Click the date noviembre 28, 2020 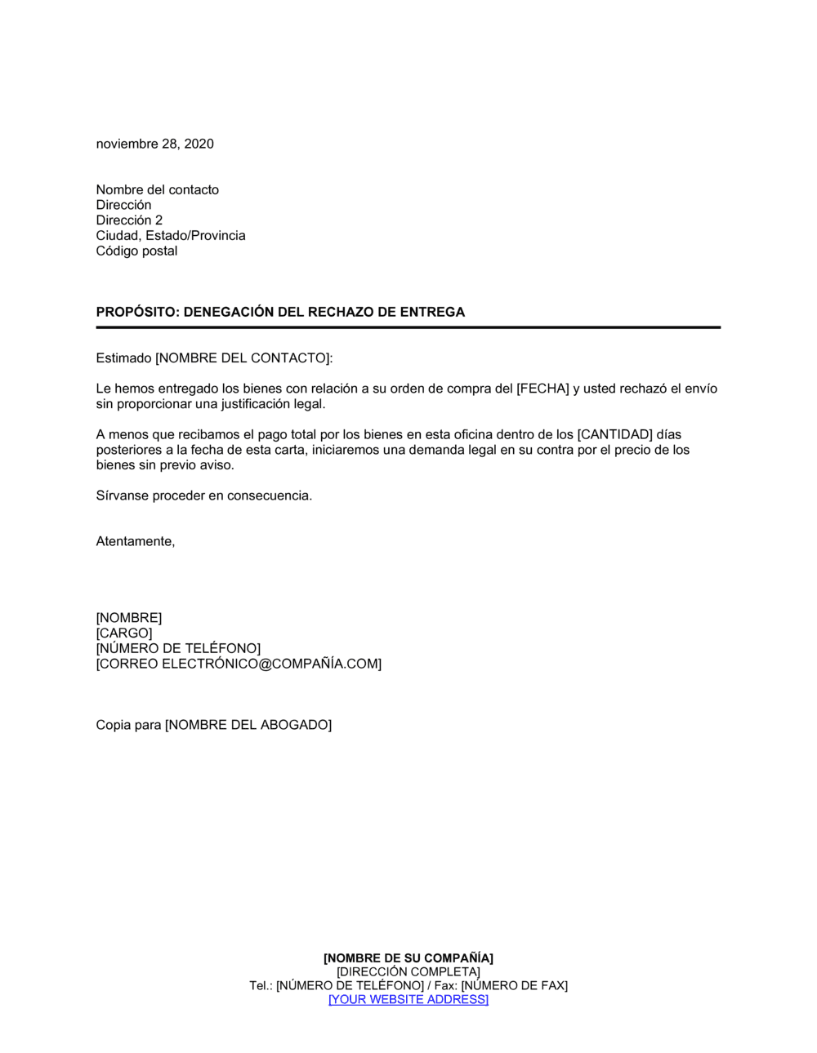(x=154, y=144)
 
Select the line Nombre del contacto (x=157, y=189)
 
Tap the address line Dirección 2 (x=129, y=220)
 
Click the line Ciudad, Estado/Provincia (x=170, y=236)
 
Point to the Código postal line (x=136, y=251)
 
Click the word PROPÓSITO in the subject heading (x=136, y=312)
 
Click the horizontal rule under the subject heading (x=408, y=327)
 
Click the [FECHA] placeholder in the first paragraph (x=542, y=389)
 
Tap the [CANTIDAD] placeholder (x=614, y=434)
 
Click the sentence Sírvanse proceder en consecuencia (x=203, y=495)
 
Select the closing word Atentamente (x=135, y=541)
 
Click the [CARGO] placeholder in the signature (x=124, y=633)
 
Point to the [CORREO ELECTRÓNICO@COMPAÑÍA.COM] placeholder (x=239, y=664)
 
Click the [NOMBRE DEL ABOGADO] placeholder (x=248, y=725)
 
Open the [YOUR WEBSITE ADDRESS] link (x=408, y=999)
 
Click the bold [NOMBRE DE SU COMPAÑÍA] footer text (x=408, y=957)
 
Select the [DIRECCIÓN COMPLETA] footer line (x=408, y=971)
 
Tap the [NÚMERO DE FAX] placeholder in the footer (x=514, y=985)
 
